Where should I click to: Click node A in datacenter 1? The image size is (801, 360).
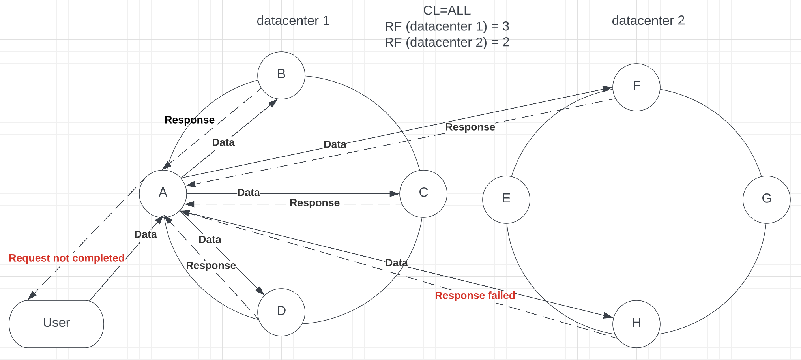tap(163, 193)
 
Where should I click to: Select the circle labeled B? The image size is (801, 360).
tap(281, 75)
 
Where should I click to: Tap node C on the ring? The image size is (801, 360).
tap(423, 193)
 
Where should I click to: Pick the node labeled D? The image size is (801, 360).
tap(281, 312)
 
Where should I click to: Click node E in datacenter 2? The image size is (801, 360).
tap(506, 199)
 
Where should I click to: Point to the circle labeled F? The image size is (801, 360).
tap(636, 87)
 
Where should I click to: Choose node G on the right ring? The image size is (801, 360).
tap(767, 199)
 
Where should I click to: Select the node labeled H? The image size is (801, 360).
tap(636, 324)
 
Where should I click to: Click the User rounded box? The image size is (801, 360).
tap(56, 324)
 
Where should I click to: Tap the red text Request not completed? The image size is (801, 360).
tap(67, 258)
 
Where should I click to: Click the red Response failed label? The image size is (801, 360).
tap(475, 295)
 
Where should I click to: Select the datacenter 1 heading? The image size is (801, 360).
tap(293, 21)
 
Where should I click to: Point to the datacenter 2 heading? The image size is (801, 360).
tap(648, 21)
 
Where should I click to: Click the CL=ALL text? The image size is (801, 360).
tap(447, 10)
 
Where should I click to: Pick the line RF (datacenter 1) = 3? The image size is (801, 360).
tap(447, 26)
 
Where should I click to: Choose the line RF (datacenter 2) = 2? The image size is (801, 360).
tap(447, 42)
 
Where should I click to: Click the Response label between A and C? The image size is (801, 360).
tap(314, 203)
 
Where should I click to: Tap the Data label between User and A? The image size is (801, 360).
tap(146, 234)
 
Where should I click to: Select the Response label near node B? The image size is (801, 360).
tap(190, 120)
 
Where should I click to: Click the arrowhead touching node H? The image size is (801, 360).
tap(608, 315)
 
